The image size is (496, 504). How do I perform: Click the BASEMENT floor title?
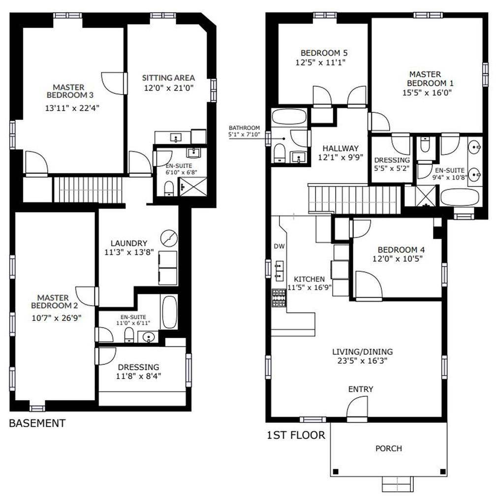(37, 423)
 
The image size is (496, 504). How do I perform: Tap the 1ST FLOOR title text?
(296, 435)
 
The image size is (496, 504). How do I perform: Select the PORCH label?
(388, 448)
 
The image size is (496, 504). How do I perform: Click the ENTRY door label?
(361, 389)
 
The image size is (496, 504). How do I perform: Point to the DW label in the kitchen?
(279, 246)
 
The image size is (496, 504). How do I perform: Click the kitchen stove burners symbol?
(279, 298)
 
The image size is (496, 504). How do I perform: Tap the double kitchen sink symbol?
(279, 269)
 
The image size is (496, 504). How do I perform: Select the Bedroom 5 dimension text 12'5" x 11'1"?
(321, 63)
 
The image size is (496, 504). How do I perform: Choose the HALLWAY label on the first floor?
(341, 148)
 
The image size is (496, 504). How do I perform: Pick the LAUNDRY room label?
(129, 243)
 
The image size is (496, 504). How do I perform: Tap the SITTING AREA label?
(168, 78)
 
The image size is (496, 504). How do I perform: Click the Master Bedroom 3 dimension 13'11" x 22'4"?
(72, 109)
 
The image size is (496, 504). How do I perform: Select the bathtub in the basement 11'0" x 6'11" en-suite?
(169, 312)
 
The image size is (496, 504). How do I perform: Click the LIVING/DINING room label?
(362, 351)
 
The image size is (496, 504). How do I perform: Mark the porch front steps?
(396, 484)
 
